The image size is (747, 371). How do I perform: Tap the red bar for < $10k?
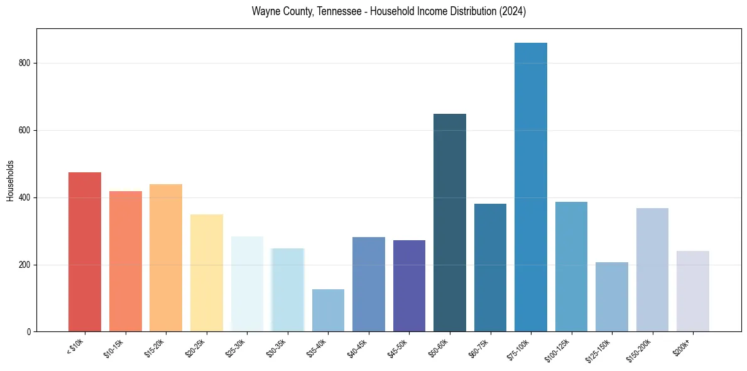click(85, 252)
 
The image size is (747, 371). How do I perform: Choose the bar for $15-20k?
click(166, 258)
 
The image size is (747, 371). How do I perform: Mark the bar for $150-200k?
click(652, 270)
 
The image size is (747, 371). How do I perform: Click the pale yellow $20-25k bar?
click(207, 273)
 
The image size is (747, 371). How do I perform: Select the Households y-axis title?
click(11, 180)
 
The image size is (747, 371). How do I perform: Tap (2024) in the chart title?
click(511, 11)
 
